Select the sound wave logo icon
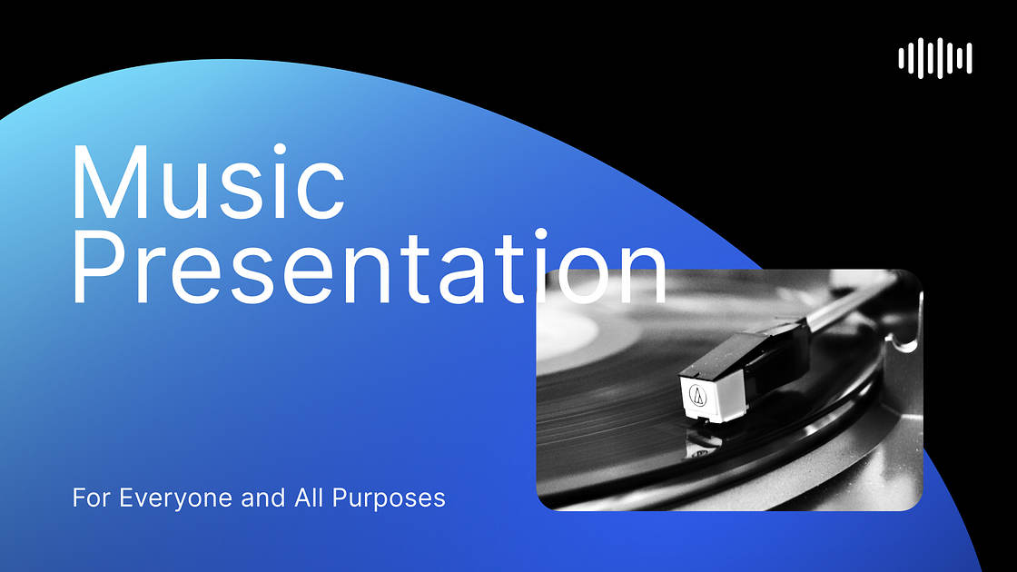935,59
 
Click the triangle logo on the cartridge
697,394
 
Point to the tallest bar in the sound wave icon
935,59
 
